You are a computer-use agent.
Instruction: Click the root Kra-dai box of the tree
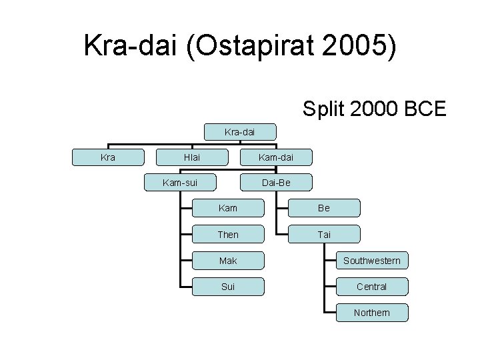(x=239, y=132)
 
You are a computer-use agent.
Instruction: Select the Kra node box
(x=107, y=157)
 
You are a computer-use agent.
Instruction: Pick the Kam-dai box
(x=276, y=157)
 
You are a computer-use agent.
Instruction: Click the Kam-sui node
(x=180, y=182)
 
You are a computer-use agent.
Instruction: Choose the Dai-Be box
(x=276, y=182)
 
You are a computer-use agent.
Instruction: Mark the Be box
(x=324, y=208)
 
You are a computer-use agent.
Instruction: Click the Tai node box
(x=324, y=234)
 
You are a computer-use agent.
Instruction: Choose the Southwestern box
(x=371, y=260)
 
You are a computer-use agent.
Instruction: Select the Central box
(x=371, y=286)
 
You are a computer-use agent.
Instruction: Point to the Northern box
(x=371, y=312)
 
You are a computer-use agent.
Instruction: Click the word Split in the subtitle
(x=324, y=108)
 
